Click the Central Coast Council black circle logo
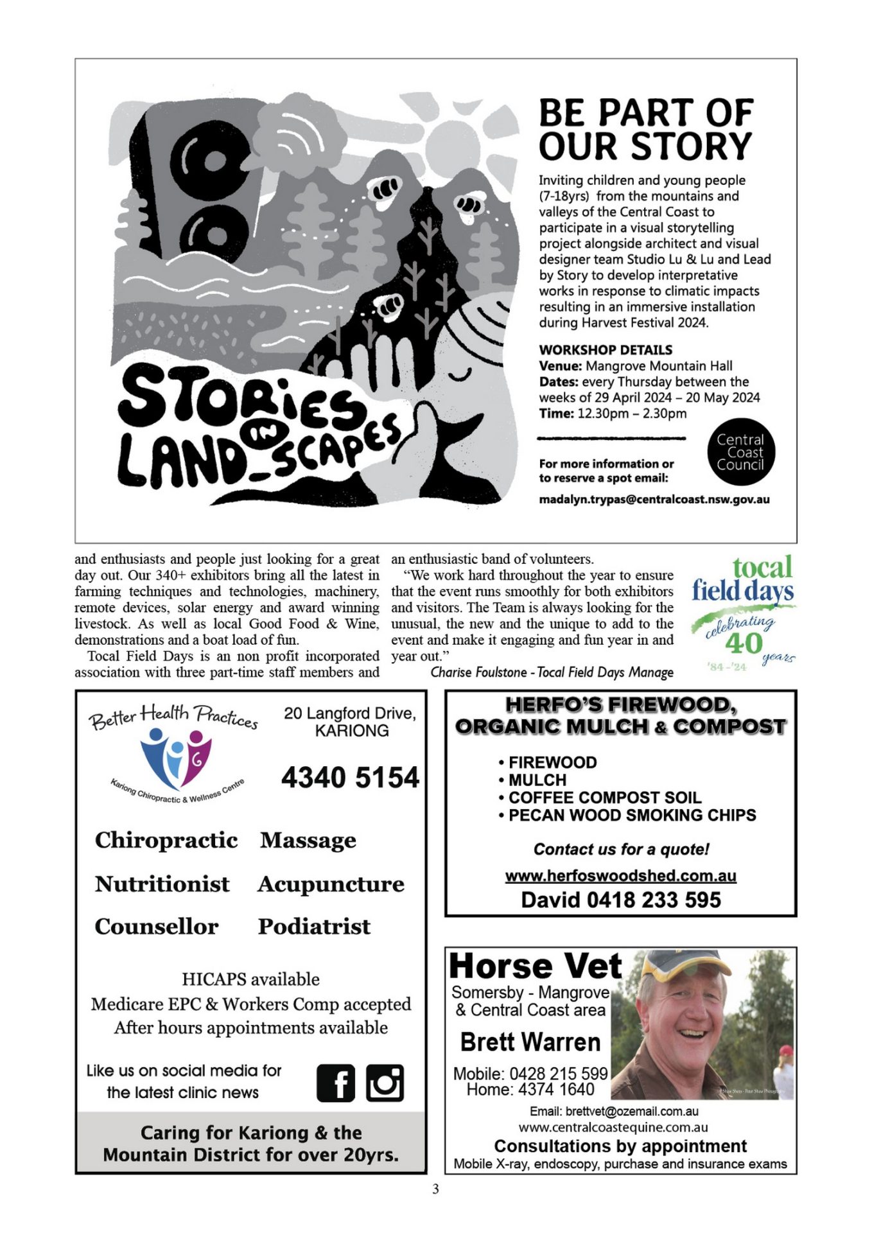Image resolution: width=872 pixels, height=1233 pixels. tap(740, 452)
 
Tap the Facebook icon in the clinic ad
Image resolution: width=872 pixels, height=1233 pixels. tap(335, 1083)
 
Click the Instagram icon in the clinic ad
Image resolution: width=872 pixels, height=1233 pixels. tap(385, 1083)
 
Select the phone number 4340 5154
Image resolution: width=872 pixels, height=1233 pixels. tap(350, 778)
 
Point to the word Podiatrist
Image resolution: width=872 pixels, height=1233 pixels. tap(314, 927)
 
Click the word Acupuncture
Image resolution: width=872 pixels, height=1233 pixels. tap(331, 884)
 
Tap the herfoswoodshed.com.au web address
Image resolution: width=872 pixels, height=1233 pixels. tap(620, 876)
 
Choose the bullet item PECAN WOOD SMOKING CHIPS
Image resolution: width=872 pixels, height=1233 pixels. tap(632, 816)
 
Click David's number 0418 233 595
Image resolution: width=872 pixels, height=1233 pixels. tap(654, 900)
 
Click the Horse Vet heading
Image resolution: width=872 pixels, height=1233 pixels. tap(536, 966)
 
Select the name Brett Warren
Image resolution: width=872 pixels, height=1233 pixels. tap(530, 1042)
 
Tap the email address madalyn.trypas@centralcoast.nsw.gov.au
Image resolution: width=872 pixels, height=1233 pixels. tap(654, 500)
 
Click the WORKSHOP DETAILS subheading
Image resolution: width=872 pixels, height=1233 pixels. tap(606, 350)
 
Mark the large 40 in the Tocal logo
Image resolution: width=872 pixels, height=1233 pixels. tap(743, 643)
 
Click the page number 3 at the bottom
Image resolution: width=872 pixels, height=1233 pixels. tap(435, 1189)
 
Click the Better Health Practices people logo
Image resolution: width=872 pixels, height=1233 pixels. tap(175, 759)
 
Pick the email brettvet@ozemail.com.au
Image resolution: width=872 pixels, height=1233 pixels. tap(614, 1112)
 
